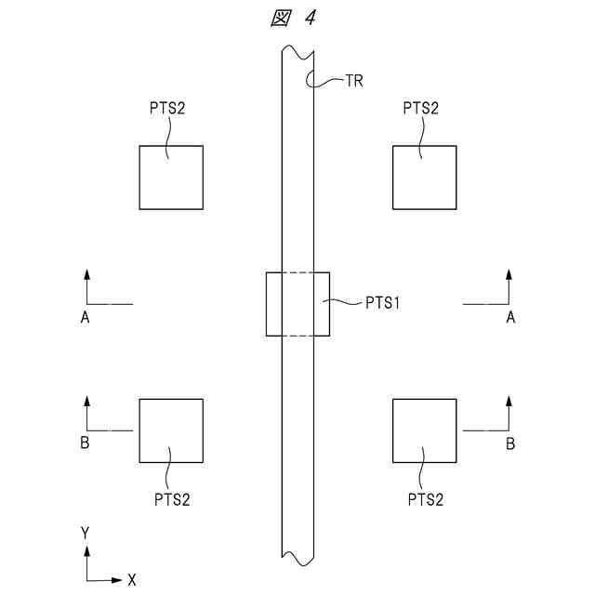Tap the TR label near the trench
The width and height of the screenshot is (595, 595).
pyautogui.click(x=353, y=81)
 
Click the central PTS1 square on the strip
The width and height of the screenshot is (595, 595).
pyautogui.click(x=297, y=304)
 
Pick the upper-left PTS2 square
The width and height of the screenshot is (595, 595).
pyautogui.click(x=171, y=178)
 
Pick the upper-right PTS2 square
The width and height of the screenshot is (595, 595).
pyautogui.click(x=425, y=178)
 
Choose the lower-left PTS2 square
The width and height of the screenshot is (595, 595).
pyautogui.click(x=171, y=430)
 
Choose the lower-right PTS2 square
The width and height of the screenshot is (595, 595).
pyautogui.click(x=425, y=430)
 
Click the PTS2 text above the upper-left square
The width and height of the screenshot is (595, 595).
pyautogui.click(x=166, y=109)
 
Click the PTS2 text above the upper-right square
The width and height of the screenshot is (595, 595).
pyautogui.click(x=421, y=109)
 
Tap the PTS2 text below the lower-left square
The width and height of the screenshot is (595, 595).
pyautogui.click(x=172, y=499)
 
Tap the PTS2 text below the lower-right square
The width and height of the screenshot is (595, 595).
pyautogui.click(x=425, y=499)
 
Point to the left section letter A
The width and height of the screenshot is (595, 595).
pyautogui.click(x=85, y=318)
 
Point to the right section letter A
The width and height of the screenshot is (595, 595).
pyautogui.click(x=509, y=318)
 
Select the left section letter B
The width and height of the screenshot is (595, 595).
pyautogui.click(x=85, y=443)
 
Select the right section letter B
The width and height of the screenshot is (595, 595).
pyautogui.click(x=509, y=443)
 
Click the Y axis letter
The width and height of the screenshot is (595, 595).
pyautogui.click(x=85, y=533)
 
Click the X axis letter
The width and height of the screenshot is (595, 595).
pyautogui.click(x=132, y=580)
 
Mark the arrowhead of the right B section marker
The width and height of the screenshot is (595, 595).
pyautogui.click(x=509, y=401)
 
